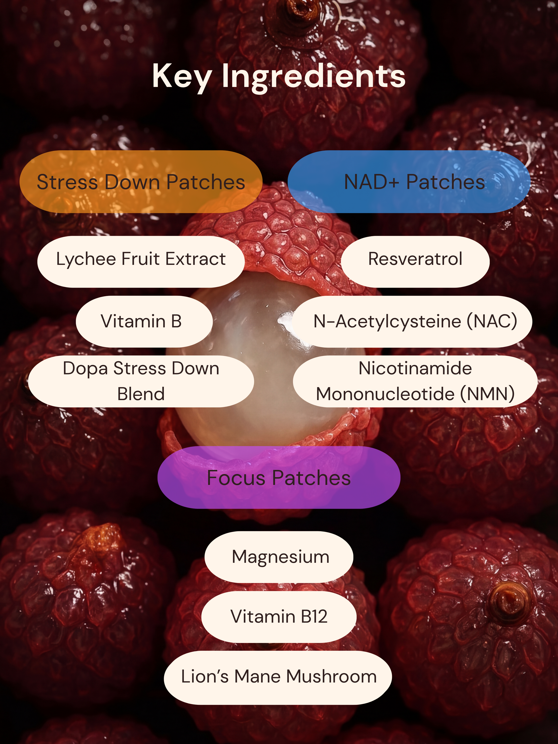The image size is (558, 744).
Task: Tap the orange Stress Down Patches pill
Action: (141, 182)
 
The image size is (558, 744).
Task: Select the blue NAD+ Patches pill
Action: (409, 182)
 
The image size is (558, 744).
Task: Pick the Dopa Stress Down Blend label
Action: (141, 381)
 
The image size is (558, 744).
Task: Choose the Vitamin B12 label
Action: (279, 617)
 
